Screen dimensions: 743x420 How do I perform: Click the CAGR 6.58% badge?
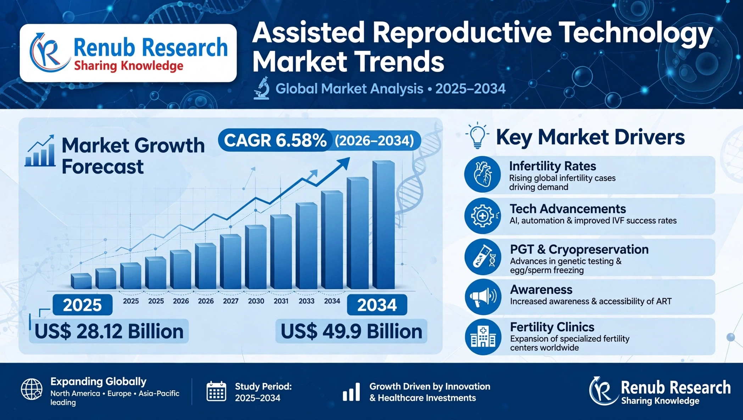[319, 140]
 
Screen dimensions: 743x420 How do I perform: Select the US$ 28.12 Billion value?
[109, 331]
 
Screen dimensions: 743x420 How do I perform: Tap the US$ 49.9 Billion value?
[351, 331]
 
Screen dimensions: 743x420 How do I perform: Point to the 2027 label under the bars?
[231, 301]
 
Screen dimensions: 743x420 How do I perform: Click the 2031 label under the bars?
[281, 301]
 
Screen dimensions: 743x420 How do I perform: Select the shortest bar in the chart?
[81, 281]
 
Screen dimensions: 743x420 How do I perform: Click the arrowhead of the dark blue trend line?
[343, 164]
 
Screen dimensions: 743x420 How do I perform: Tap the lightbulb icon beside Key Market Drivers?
[477, 135]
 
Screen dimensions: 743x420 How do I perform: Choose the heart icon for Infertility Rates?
[482, 175]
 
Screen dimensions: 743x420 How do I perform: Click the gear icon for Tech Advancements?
[482, 216]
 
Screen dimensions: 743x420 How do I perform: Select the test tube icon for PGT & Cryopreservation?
[483, 257]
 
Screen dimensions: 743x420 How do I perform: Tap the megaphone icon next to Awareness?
[483, 297]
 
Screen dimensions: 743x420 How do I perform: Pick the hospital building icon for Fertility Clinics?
[483, 337]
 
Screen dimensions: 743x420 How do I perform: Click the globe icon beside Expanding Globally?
[32, 389]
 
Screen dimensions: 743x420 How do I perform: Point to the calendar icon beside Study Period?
[216, 391]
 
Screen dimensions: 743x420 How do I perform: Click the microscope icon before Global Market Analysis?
[262, 88]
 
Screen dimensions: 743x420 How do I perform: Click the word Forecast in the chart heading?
[102, 166]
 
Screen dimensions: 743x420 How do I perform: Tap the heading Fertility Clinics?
[552, 327]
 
